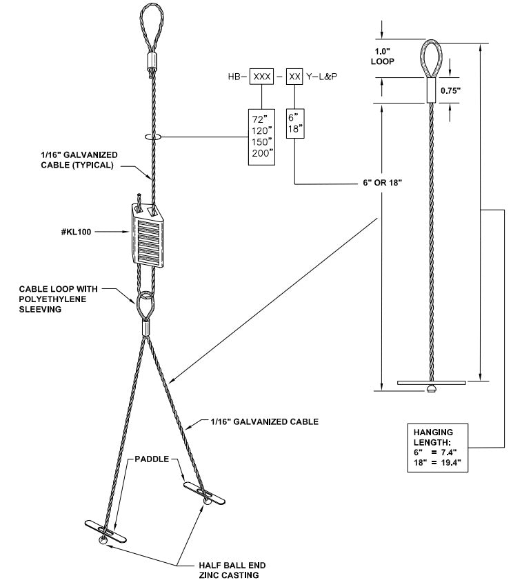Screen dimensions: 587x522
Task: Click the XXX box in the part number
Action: click(x=261, y=77)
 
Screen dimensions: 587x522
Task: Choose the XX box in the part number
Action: click(x=295, y=77)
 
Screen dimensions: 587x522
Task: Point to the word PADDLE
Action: click(x=152, y=458)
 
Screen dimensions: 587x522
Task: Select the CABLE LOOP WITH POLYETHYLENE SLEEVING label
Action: click(x=53, y=299)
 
